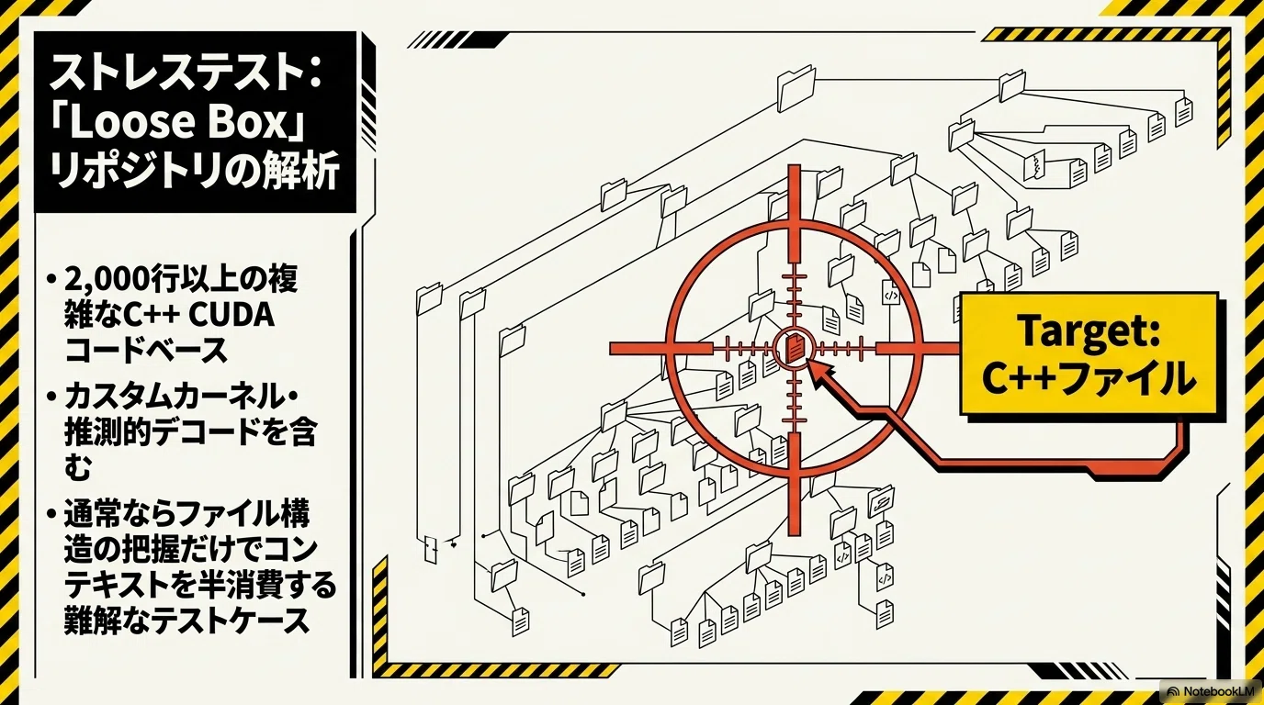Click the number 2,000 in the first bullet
106,280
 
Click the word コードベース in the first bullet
146,351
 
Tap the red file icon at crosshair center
795,349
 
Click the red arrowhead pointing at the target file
820,373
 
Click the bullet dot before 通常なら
52,514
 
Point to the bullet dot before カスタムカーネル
52,397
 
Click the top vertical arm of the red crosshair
795,214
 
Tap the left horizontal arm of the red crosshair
660,349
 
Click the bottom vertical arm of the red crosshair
795,484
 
